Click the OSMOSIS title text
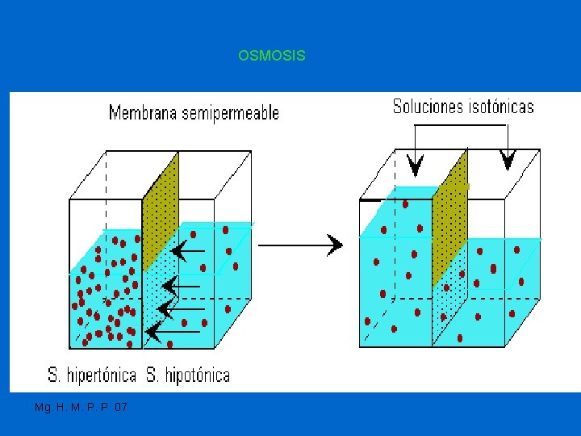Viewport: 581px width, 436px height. pos(272,56)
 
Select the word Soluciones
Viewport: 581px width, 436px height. pos(428,107)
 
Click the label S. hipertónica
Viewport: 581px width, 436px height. pos(91,375)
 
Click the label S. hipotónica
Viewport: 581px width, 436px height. pos(188,375)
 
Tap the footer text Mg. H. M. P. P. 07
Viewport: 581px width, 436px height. pos(81,408)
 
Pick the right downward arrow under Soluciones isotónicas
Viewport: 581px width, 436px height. pos(508,159)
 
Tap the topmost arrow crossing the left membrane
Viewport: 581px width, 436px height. pos(187,254)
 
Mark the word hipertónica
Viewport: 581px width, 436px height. pos(101,375)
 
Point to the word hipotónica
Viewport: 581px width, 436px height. pos(198,375)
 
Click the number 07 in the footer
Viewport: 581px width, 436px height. pos(121,408)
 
